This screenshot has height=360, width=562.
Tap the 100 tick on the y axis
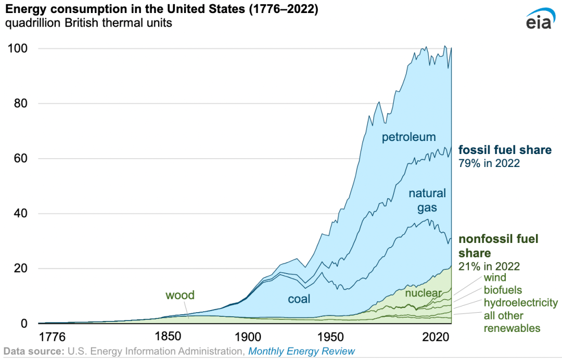pyautogui.click(x=17, y=48)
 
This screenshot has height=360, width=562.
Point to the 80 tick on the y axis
pyautogui.click(x=17, y=104)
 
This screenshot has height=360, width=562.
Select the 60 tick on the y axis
pyautogui.click(x=17, y=159)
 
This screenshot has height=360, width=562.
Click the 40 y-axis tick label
pyautogui.click(x=17, y=214)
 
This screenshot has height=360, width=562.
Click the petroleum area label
pyautogui.click(x=408, y=137)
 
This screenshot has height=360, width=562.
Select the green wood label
pyautogui.click(x=180, y=295)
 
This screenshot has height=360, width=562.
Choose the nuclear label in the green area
pyautogui.click(x=423, y=293)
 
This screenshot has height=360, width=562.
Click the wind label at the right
pyautogui.click(x=495, y=278)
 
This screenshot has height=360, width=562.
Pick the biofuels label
pyautogui.click(x=503, y=290)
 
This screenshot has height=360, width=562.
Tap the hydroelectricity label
pyautogui.click(x=520, y=303)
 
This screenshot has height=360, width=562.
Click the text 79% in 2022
pyautogui.click(x=489, y=163)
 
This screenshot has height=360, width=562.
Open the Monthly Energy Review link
pyautogui.click(x=301, y=351)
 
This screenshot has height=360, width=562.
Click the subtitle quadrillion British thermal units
pyautogui.click(x=88, y=23)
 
